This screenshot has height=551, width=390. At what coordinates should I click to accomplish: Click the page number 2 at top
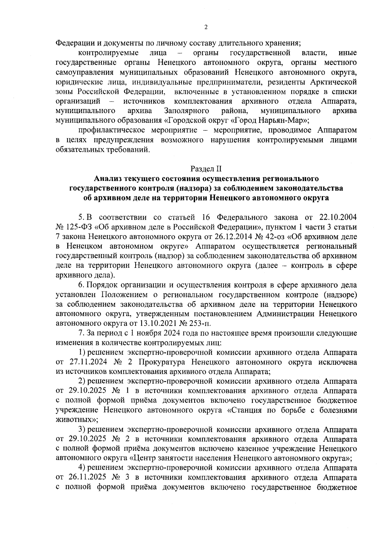tap(205, 28)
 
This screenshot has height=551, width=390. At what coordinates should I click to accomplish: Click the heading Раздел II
tap(206, 169)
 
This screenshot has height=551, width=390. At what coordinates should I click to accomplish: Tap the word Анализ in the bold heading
tap(107, 178)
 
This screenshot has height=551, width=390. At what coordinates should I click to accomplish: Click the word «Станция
tap(244, 410)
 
